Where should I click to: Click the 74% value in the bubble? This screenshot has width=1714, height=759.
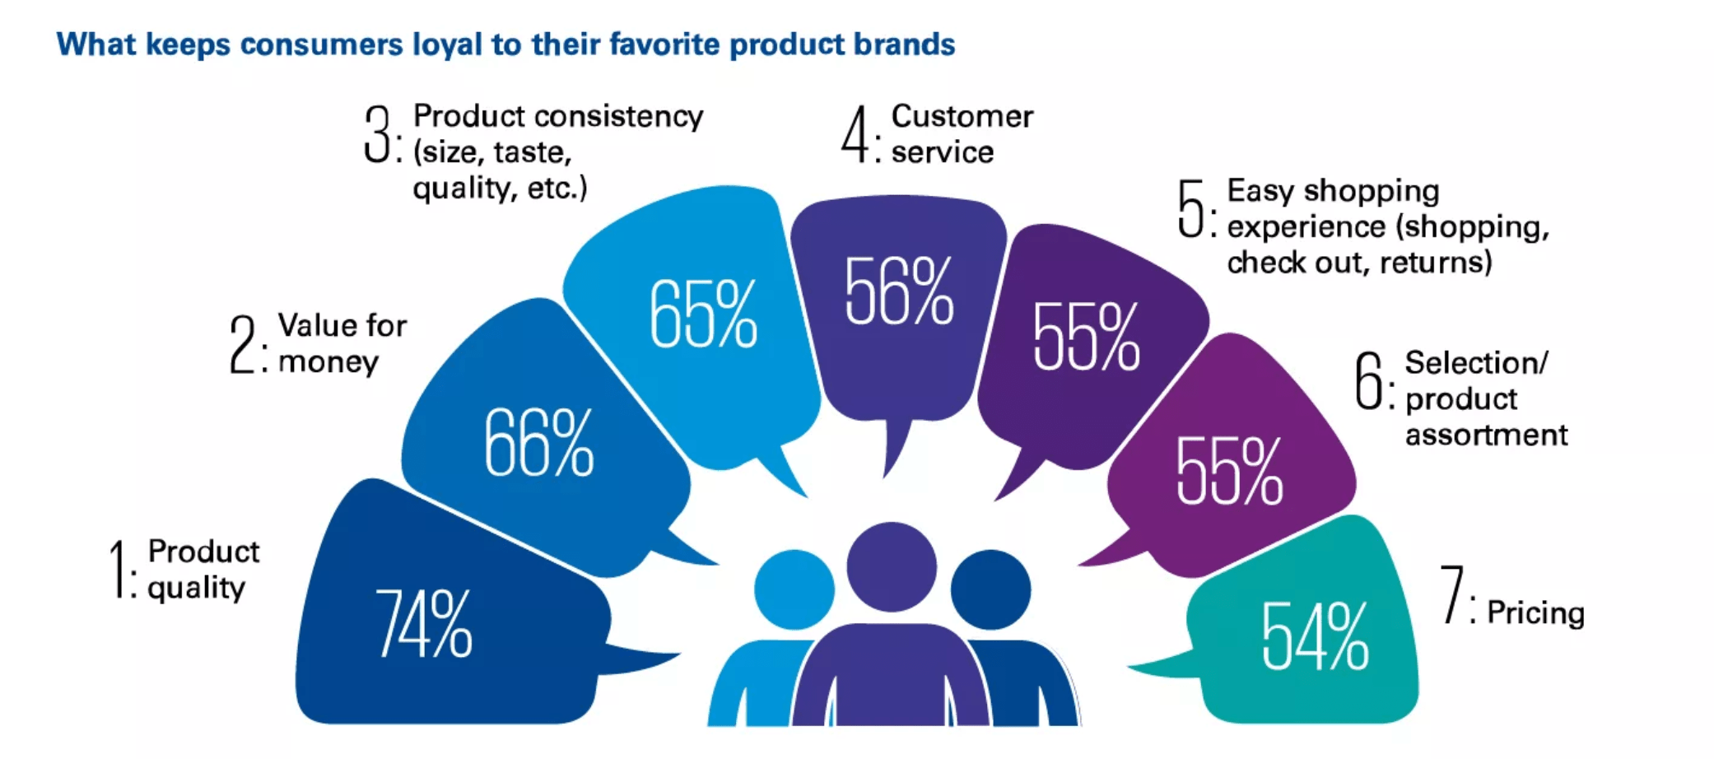tap(424, 623)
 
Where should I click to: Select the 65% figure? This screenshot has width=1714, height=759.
tap(703, 313)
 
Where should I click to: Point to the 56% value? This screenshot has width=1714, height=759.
tap(899, 290)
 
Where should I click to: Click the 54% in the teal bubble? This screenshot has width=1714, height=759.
tap(1316, 635)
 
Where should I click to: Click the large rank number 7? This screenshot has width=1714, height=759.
tap(1452, 594)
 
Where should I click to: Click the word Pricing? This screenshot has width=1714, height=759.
tap(1535, 613)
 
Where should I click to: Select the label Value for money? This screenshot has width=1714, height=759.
tap(342, 343)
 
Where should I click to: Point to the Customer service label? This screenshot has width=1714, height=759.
tap(962, 133)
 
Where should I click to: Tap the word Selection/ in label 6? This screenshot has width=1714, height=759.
tap(1476, 362)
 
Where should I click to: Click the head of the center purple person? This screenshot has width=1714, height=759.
tap(892, 566)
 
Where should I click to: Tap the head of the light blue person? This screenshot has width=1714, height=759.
tap(794, 589)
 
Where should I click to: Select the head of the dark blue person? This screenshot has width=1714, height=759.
tap(990, 589)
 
